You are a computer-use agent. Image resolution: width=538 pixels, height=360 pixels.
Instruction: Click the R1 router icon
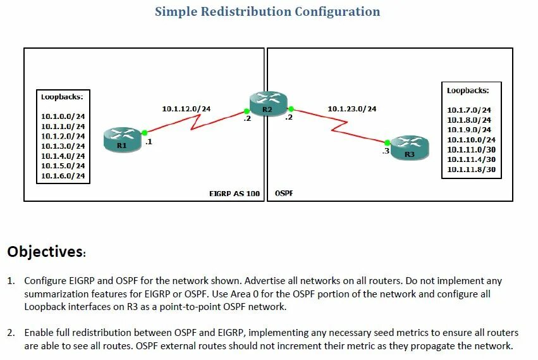pos(121,139)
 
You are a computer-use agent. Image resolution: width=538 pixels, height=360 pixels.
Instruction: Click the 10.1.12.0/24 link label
pos(186,109)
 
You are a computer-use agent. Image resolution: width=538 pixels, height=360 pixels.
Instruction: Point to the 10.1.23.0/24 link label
pos(352,109)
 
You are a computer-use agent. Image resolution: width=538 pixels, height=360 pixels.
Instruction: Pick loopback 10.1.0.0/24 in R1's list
pos(63,116)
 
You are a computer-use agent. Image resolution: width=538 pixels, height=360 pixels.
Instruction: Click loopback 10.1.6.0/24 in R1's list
pos(63,175)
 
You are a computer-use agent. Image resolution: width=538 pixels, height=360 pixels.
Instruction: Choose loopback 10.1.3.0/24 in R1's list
pos(63,146)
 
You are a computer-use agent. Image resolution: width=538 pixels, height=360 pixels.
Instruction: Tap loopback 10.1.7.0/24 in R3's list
pos(469,110)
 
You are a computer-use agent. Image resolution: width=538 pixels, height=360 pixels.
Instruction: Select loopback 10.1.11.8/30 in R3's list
pos(471,169)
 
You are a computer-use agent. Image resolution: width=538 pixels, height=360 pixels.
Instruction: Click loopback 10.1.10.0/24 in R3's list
pos(471,140)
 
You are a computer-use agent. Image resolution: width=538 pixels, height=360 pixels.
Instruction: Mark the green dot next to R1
pos(145,133)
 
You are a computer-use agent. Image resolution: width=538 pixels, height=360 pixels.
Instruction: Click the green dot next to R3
pos(387,142)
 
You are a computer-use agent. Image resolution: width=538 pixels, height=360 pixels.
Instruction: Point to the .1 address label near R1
pos(149,142)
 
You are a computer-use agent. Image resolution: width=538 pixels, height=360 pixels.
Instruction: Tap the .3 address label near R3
pos(385,152)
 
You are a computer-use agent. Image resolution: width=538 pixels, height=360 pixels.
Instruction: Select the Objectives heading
pos(46,252)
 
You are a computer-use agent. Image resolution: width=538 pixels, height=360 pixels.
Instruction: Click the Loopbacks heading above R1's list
pos(62,97)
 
